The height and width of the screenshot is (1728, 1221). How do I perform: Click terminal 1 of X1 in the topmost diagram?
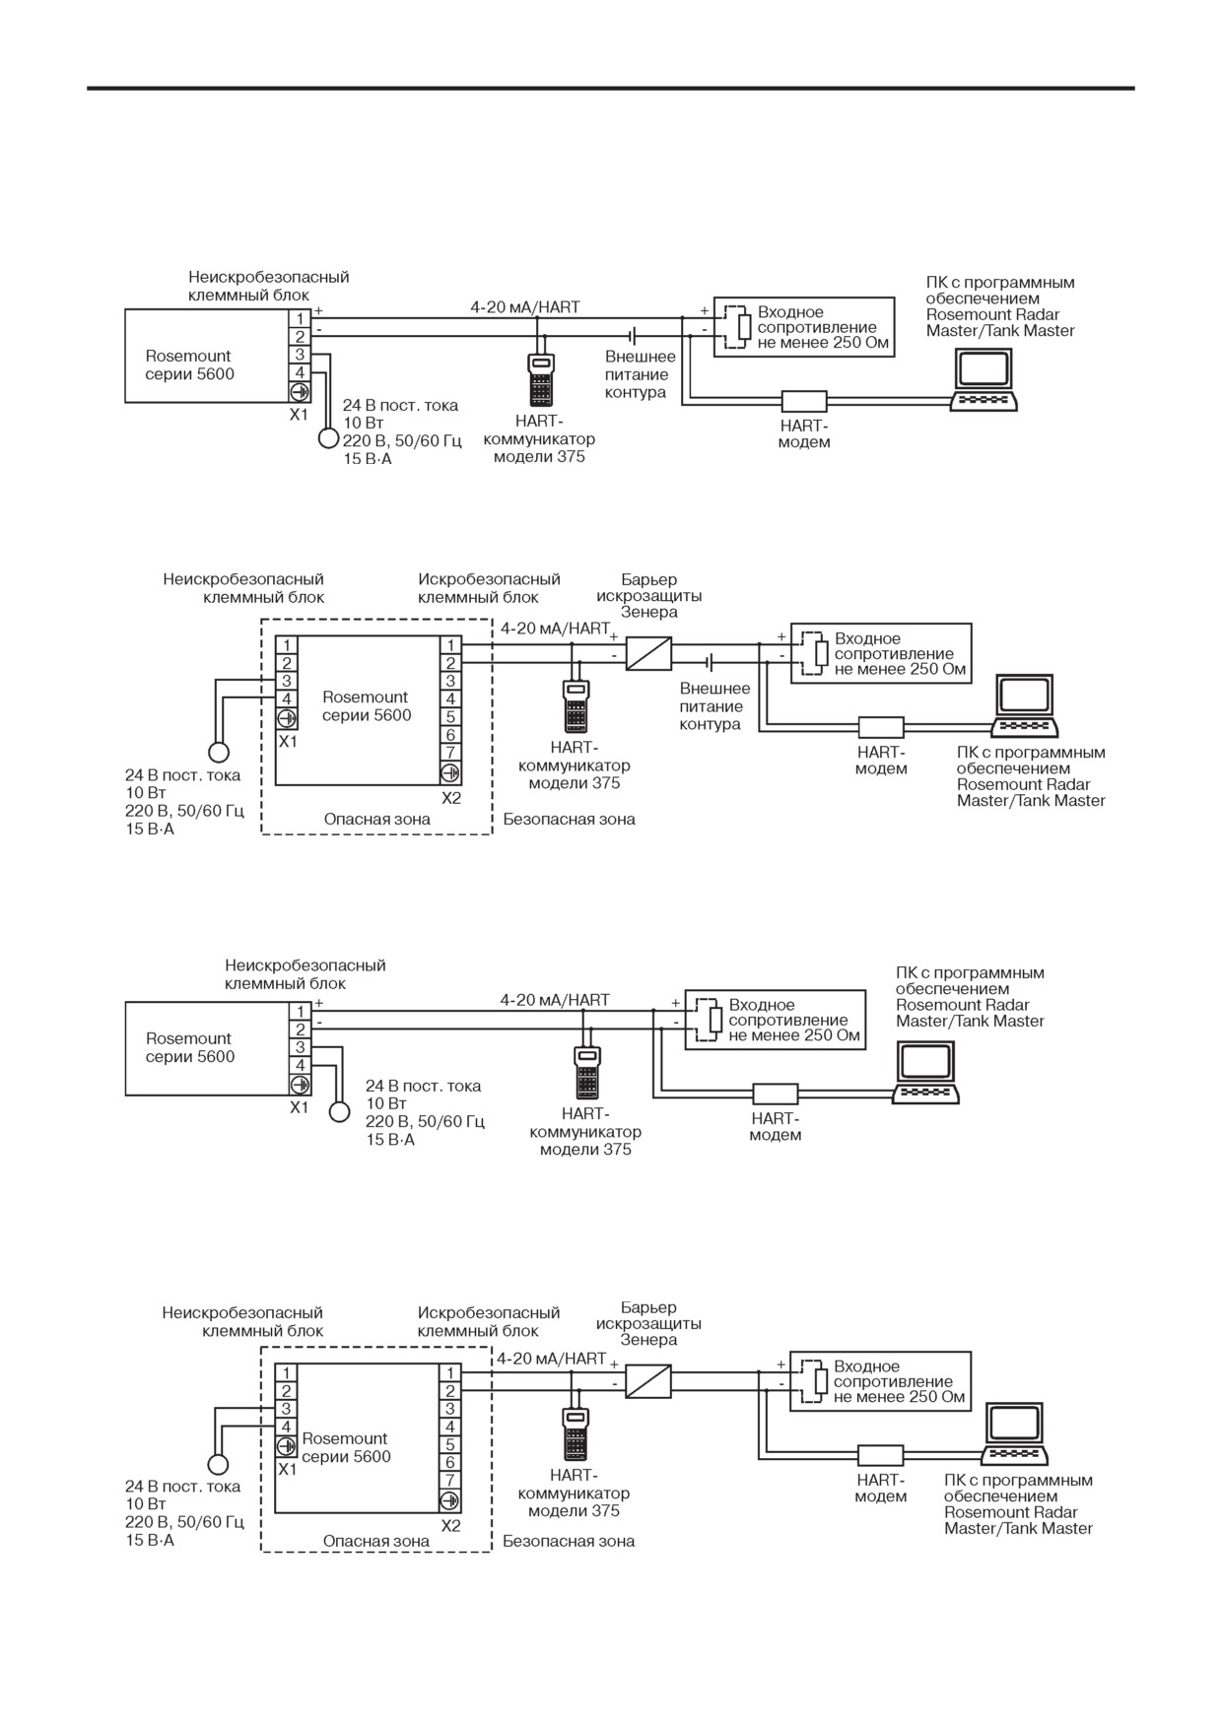(x=300, y=319)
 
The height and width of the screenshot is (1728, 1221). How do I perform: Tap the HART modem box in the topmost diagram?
(x=804, y=401)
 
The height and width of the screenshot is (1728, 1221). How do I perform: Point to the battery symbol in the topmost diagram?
(x=634, y=336)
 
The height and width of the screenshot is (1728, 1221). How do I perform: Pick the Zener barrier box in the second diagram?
(x=648, y=653)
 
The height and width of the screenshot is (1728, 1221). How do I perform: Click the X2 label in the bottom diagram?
(x=450, y=1526)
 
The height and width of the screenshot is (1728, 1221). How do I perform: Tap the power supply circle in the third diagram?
(x=339, y=1111)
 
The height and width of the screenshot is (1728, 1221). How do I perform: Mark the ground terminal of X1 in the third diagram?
(x=300, y=1084)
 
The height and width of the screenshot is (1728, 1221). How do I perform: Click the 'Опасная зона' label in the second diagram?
(x=377, y=819)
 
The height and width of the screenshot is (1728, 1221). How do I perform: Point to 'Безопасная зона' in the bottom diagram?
(x=569, y=1541)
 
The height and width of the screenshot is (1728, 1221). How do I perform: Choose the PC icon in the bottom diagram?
(x=1017, y=1434)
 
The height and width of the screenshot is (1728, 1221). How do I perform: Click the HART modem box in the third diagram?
(x=776, y=1094)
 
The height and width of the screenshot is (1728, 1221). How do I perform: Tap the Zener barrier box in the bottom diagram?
(x=648, y=1381)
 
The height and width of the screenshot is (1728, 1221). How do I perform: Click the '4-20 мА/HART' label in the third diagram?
(x=555, y=1000)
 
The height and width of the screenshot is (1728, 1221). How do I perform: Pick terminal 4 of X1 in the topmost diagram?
(x=300, y=372)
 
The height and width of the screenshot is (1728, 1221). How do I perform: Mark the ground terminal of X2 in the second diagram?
(x=450, y=772)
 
